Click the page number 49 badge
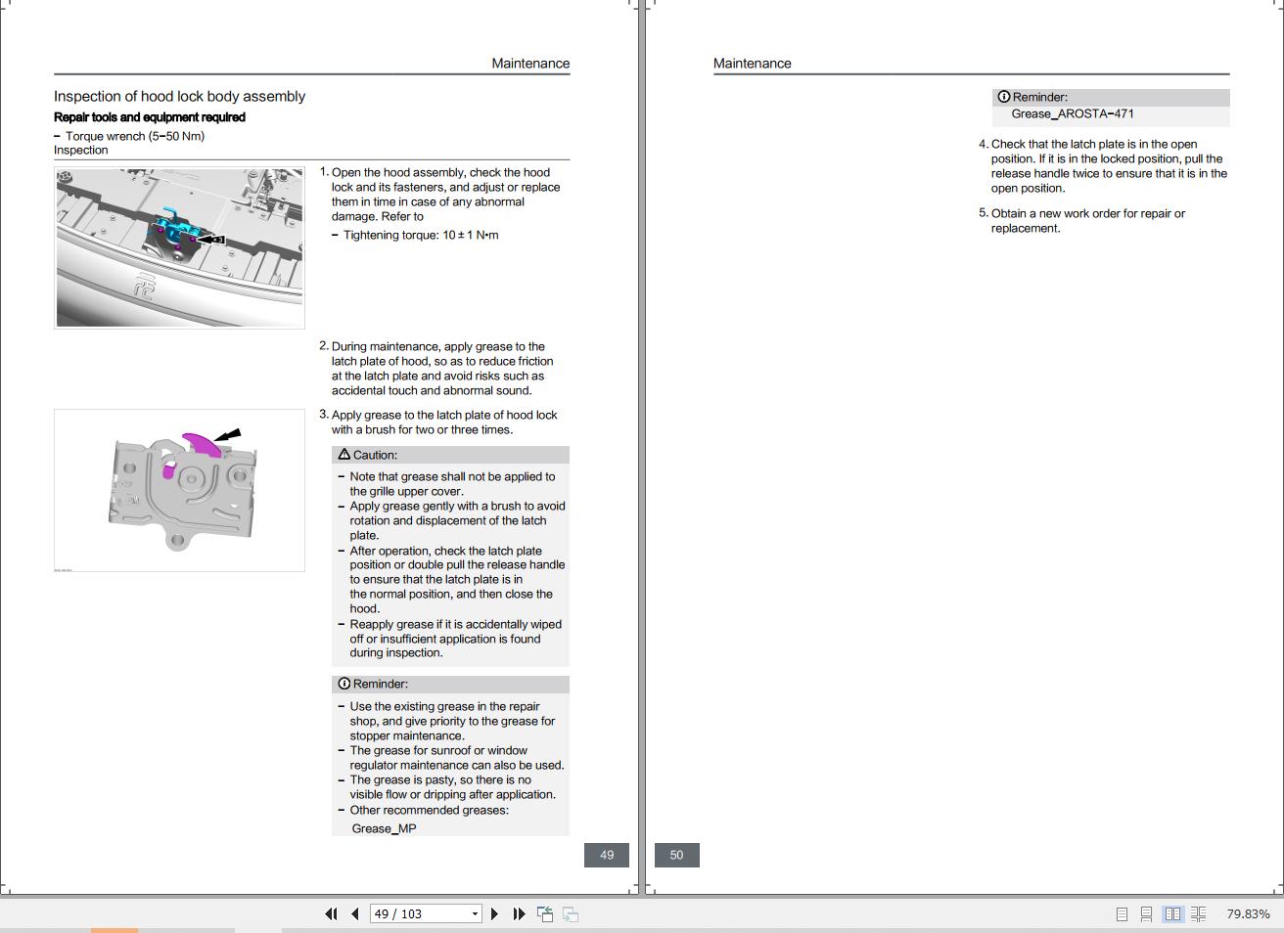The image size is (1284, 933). [607, 855]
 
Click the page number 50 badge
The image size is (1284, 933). [676, 855]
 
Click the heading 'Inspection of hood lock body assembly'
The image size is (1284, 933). [179, 96]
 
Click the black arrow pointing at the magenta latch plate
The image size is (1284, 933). [227, 435]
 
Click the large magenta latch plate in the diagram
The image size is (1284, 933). [202, 445]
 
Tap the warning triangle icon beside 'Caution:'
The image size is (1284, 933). [344, 455]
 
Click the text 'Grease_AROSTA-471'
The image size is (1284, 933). [1073, 113]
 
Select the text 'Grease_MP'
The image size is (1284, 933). [384, 828]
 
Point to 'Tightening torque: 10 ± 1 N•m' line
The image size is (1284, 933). [421, 235]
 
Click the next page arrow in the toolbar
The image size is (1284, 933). [494, 913]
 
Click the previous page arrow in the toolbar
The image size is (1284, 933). [354, 913]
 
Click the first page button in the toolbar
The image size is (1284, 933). [331, 913]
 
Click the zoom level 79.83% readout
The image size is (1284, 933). [1248, 913]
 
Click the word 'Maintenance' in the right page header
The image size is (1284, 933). [752, 64]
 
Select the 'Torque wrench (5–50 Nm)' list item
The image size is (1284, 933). [135, 136]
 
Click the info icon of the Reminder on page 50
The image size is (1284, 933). [1003, 97]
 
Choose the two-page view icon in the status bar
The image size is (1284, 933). [1172, 913]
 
